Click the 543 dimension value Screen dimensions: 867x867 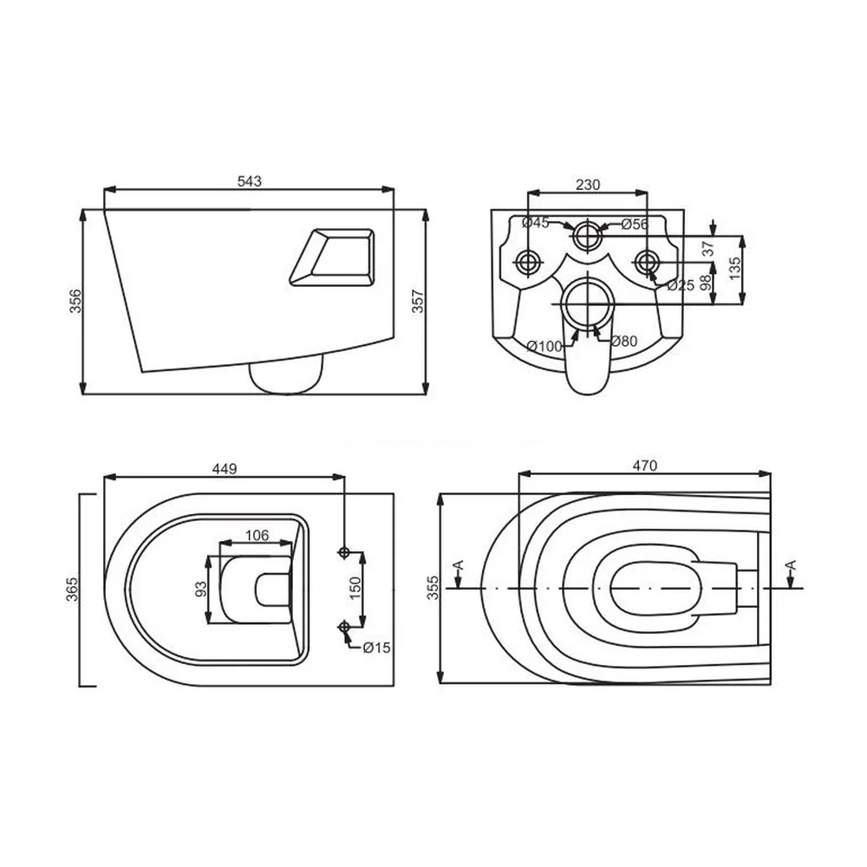[250, 181]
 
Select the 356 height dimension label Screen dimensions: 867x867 [75, 301]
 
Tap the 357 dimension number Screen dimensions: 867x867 [418, 301]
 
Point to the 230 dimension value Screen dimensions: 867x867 [587, 184]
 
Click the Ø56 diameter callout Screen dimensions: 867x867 [635, 224]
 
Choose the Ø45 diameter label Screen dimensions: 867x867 [535, 223]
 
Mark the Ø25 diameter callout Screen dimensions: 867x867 [680, 284]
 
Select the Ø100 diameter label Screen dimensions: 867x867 [544, 346]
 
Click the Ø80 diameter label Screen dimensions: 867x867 [623, 341]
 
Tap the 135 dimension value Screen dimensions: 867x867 [735, 269]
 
